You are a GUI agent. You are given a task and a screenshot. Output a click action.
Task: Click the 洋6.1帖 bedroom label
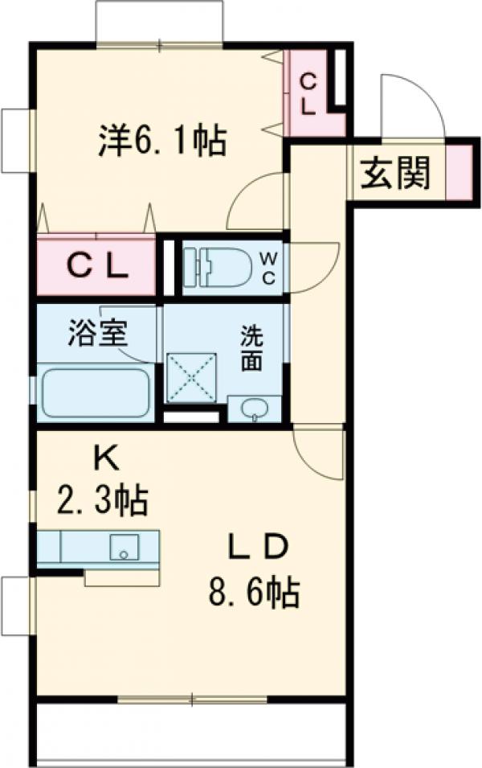pos(161,142)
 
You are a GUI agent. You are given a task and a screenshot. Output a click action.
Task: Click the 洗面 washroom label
pos(253,347)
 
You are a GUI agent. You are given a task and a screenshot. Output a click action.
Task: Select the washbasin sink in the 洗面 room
pos(254,409)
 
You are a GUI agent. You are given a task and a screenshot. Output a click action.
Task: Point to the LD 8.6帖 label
pos(254,570)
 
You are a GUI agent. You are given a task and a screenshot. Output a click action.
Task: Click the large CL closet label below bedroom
pos(96,266)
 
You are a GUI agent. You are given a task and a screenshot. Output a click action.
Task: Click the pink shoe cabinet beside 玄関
pos(458,171)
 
